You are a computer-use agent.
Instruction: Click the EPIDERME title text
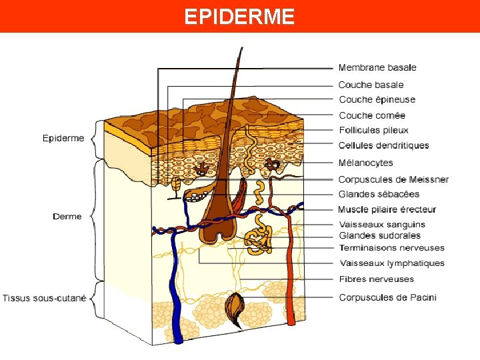(239, 16)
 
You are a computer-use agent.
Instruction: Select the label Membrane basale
(377, 67)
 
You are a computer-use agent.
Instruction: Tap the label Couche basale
(371, 85)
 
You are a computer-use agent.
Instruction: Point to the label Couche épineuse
(377, 100)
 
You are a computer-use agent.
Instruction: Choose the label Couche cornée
(372, 115)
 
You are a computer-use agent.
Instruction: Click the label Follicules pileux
(373, 131)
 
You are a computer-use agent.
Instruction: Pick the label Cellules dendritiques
(383, 145)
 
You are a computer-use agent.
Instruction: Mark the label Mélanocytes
(365, 163)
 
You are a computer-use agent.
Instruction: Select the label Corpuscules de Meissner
(393, 179)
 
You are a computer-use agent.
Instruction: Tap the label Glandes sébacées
(379, 194)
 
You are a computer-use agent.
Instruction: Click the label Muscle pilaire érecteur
(387, 209)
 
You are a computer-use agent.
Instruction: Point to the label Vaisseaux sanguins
(382, 225)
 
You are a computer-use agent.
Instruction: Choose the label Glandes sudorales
(379, 235)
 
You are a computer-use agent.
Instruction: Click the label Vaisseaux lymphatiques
(392, 263)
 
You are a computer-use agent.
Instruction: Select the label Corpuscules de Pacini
(387, 297)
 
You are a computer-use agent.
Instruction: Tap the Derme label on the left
(67, 216)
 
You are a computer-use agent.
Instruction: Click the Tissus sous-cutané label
(44, 298)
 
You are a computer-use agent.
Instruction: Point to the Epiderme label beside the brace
(63, 139)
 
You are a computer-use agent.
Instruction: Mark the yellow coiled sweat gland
(259, 240)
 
